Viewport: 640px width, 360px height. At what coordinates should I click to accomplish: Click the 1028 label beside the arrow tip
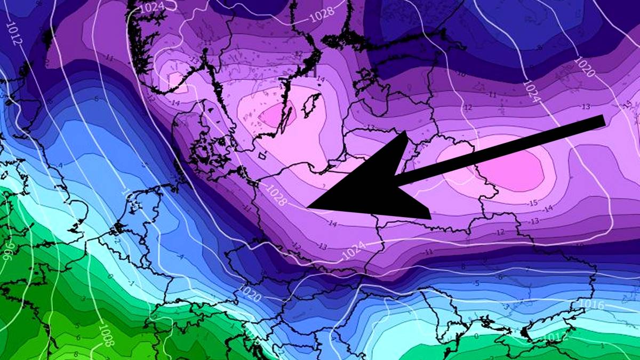277,195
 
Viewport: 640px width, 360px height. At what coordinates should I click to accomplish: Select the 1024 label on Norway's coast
152,7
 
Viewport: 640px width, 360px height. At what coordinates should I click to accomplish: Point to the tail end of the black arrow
604,121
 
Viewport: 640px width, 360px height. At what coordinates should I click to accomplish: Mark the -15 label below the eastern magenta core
532,203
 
